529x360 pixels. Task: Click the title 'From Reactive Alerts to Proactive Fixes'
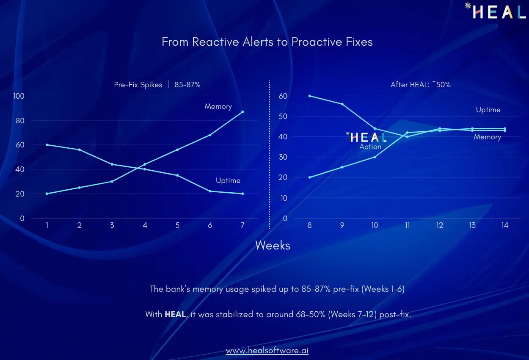(267, 42)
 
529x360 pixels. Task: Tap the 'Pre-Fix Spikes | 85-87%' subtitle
(157, 85)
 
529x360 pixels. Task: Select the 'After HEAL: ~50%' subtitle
(420, 85)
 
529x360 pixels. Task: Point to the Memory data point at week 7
(242, 112)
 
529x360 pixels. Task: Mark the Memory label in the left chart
(218, 106)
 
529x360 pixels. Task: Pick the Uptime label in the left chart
(228, 180)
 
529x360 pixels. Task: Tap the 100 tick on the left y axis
(19, 96)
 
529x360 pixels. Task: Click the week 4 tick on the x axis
(145, 225)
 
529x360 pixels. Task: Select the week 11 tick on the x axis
(407, 225)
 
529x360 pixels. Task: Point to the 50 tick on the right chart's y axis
(283, 116)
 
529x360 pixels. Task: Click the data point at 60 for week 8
(310, 96)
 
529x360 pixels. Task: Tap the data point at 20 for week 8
(310, 177)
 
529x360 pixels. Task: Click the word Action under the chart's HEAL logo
(370, 147)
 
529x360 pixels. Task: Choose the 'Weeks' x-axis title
(273, 245)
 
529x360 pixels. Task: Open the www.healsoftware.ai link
(267, 351)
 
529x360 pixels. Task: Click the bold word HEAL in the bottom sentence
(175, 314)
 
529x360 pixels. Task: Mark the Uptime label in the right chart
(488, 110)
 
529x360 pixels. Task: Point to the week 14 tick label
(505, 225)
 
